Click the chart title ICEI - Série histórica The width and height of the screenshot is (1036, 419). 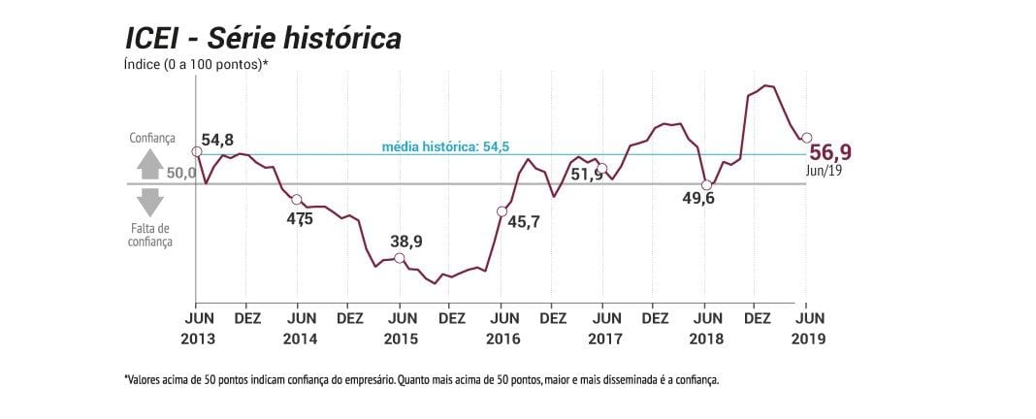pos(263,39)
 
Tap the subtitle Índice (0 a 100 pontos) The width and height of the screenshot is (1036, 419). pos(195,65)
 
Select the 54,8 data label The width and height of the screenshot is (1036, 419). pos(217,140)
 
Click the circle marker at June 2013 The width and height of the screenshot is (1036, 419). pos(196,151)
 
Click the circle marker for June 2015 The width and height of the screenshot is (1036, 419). pos(399,258)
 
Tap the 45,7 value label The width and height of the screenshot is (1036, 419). pos(525,222)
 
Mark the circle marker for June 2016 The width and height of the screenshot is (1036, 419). pos(502,211)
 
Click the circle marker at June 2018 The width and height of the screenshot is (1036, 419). pos(706,185)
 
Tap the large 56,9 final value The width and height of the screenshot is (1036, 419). pos(830,152)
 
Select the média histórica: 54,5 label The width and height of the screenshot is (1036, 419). pos(446,146)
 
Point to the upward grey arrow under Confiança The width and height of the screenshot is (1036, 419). pos(150,165)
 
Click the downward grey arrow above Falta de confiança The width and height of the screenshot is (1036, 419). pos(150,203)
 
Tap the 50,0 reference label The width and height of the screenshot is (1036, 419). pos(180,174)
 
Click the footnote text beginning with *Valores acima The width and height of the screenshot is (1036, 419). pos(421,381)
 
